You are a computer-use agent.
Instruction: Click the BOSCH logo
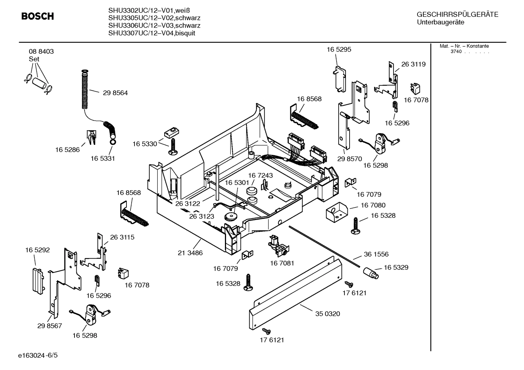37,16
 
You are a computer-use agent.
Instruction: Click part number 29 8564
115,93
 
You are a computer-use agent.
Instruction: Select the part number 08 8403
41,52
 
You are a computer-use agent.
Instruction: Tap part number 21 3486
190,253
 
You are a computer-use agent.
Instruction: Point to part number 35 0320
327,314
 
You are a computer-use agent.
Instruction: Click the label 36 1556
376,255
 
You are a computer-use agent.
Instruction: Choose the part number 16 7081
282,263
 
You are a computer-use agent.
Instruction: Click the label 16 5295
339,50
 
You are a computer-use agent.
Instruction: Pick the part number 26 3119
413,64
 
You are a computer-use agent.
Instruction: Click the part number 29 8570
349,159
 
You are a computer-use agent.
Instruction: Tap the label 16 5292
37,250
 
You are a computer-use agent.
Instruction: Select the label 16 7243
260,176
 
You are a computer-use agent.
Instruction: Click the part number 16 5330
145,144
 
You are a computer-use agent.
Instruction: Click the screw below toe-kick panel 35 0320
266,331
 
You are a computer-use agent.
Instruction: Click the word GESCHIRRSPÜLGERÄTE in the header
457,15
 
